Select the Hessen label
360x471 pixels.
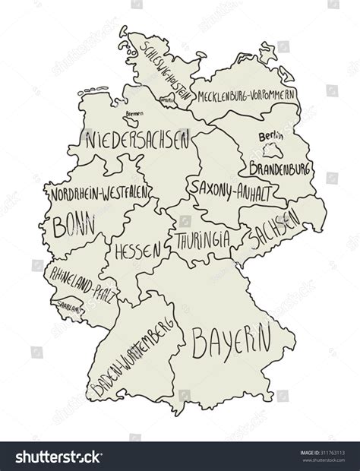tap(137, 249)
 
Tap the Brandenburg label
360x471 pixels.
tap(277, 164)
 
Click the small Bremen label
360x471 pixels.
tap(132, 113)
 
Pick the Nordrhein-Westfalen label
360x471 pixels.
tap(99, 194)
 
